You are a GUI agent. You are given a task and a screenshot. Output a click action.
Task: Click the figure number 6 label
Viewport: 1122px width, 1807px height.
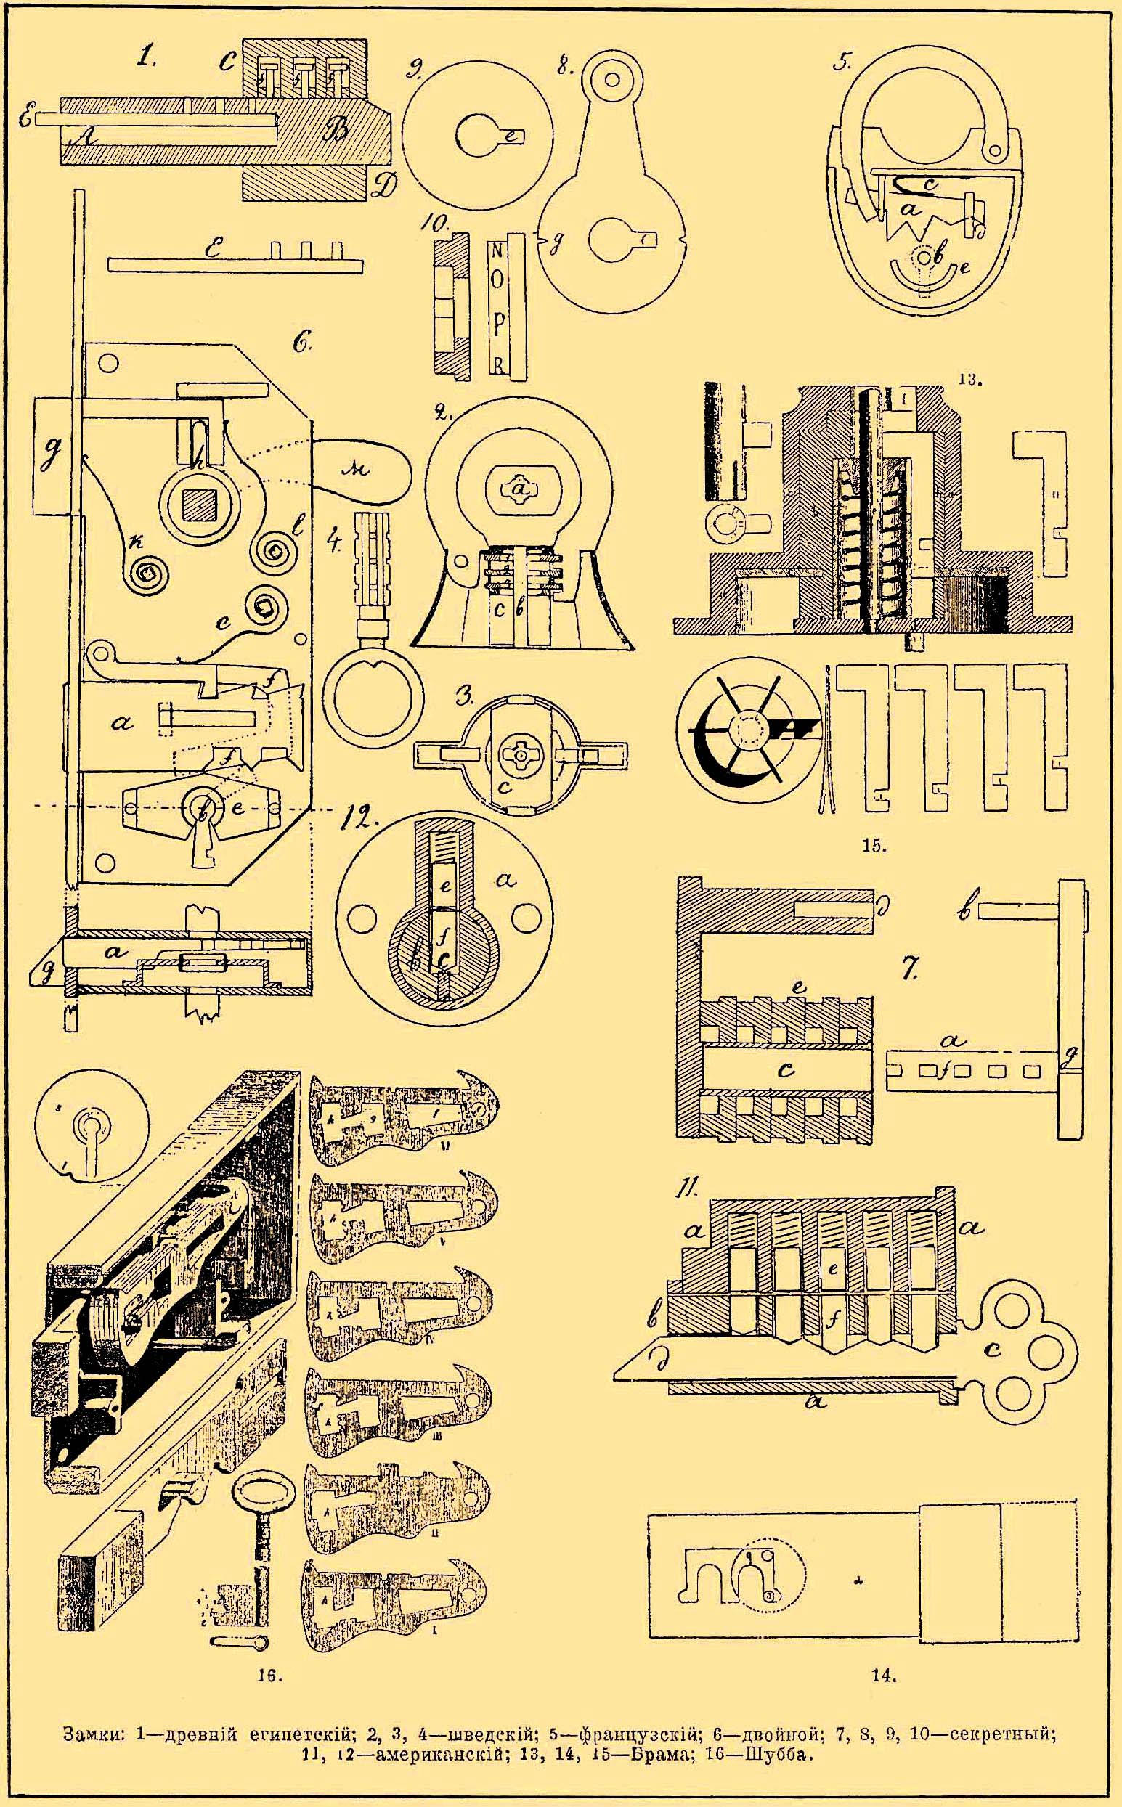click(x=302, y=345)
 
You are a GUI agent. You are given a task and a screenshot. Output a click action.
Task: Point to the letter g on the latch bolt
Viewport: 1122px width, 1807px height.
click(x=54, y=452)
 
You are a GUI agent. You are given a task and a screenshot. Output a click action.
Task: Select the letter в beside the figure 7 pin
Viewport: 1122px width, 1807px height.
click(x=964, y=910)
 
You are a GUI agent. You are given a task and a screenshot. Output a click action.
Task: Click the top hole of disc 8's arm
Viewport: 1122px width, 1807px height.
click(x=613, y=76)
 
